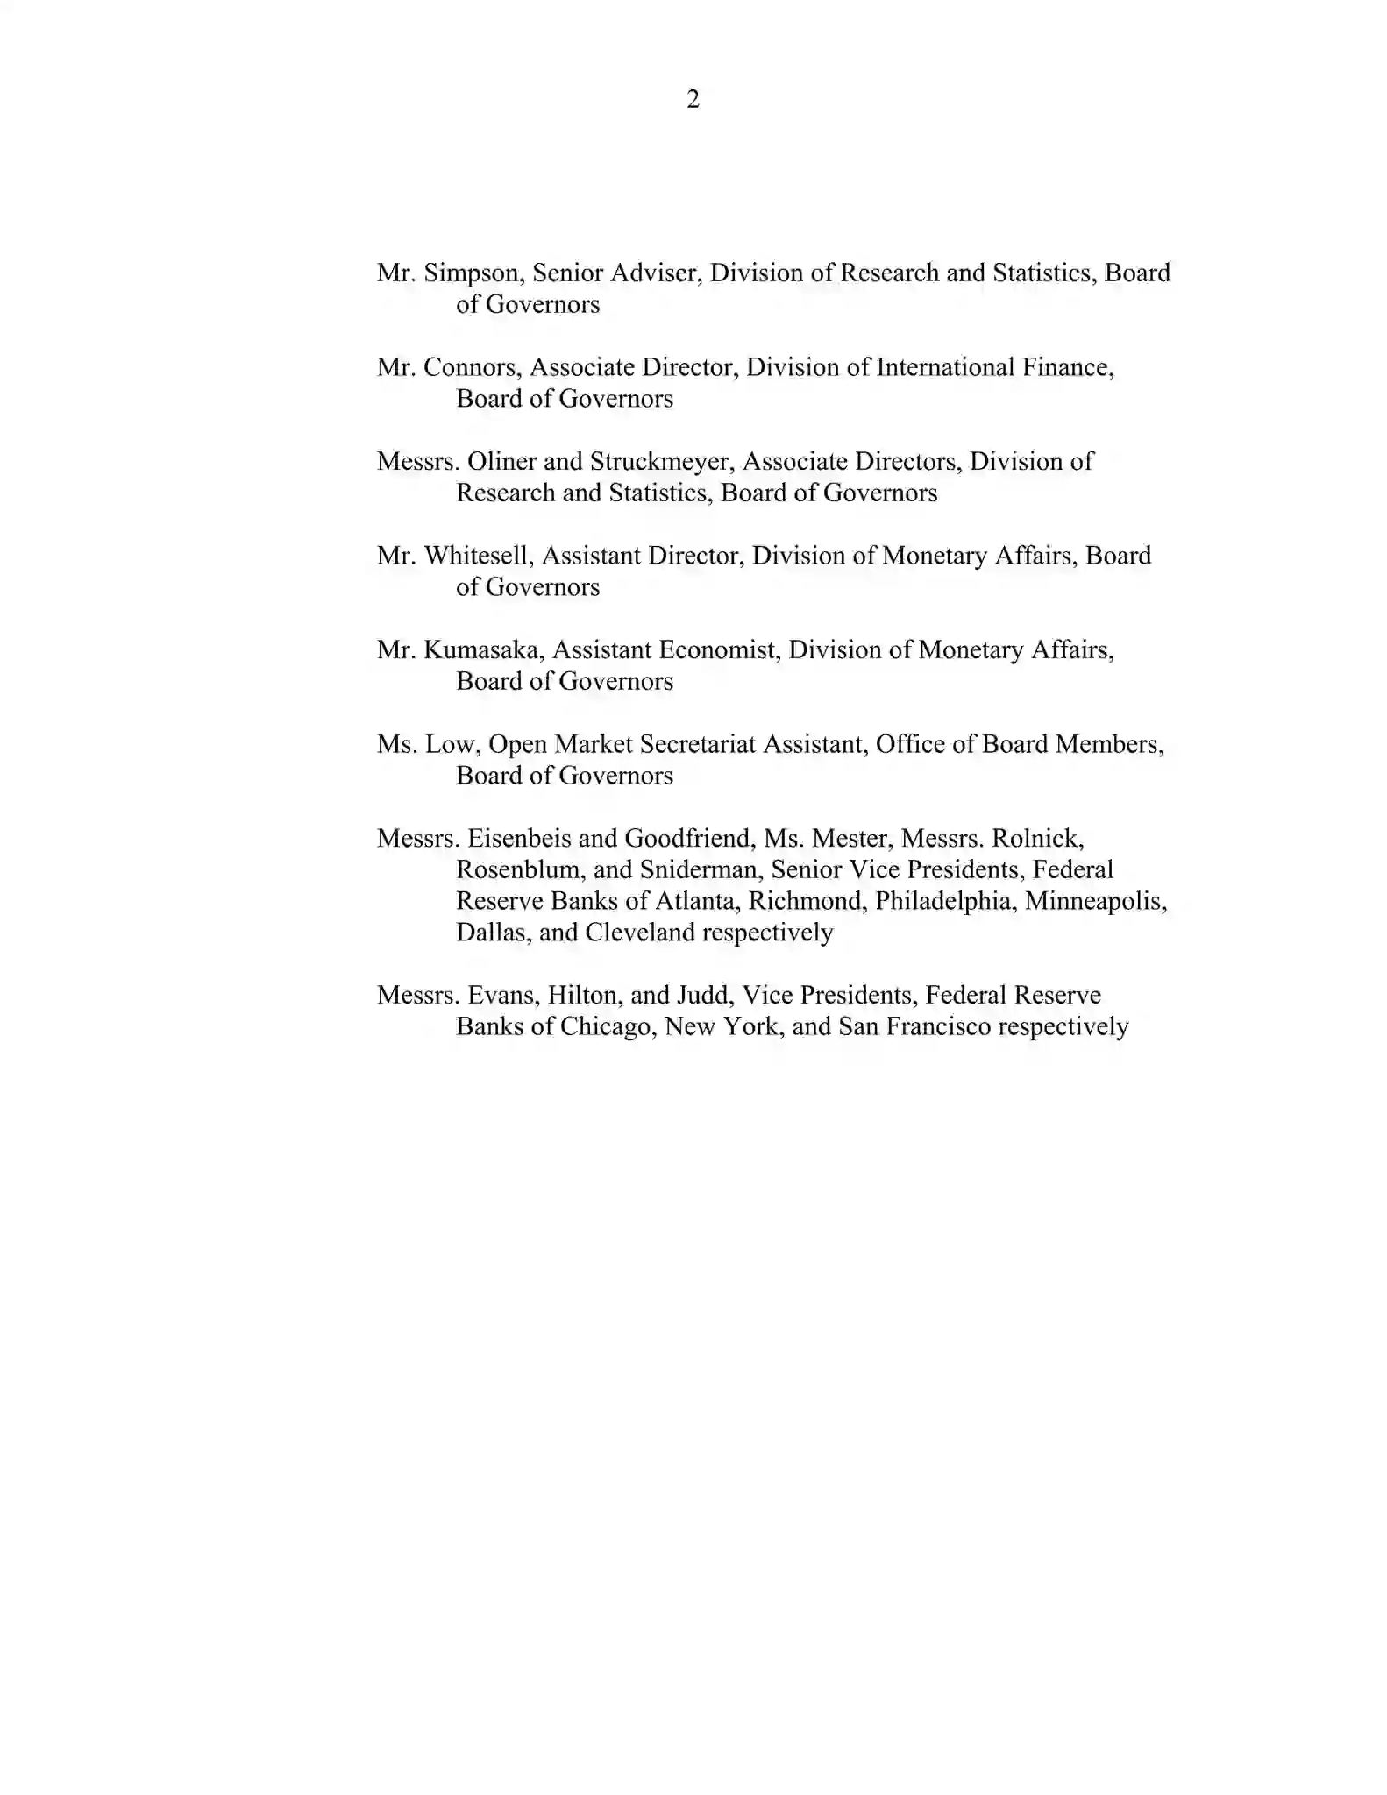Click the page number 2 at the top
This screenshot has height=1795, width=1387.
tap(693, 100)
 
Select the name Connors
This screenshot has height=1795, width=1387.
tap(472, 367)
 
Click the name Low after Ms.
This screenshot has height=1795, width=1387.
tap(451, 744)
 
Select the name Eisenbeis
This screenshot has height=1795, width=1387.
tap(518, 839)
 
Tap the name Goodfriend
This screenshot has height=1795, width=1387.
tap(688, 839)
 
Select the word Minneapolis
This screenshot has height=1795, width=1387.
tap(1095, 902)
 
